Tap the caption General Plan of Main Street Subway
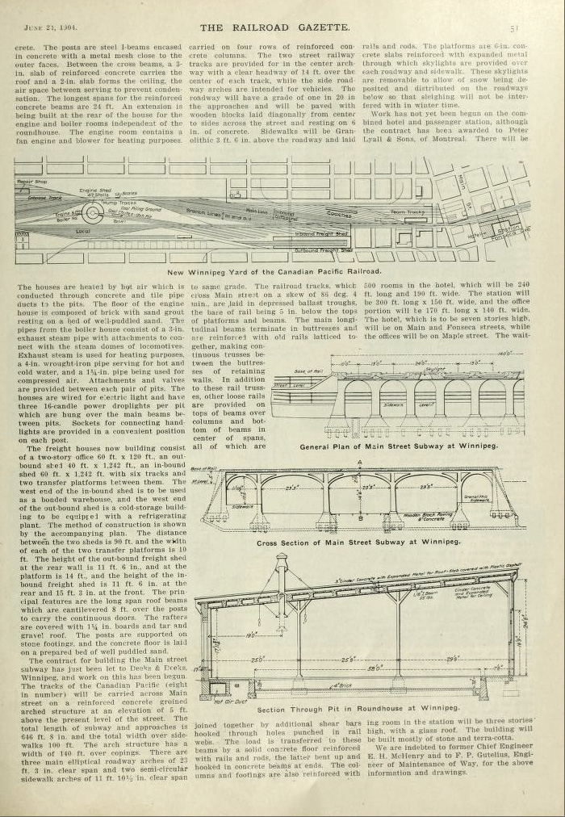point(399,446)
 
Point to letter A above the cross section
point(358,462)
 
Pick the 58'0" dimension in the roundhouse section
point(374,668)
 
